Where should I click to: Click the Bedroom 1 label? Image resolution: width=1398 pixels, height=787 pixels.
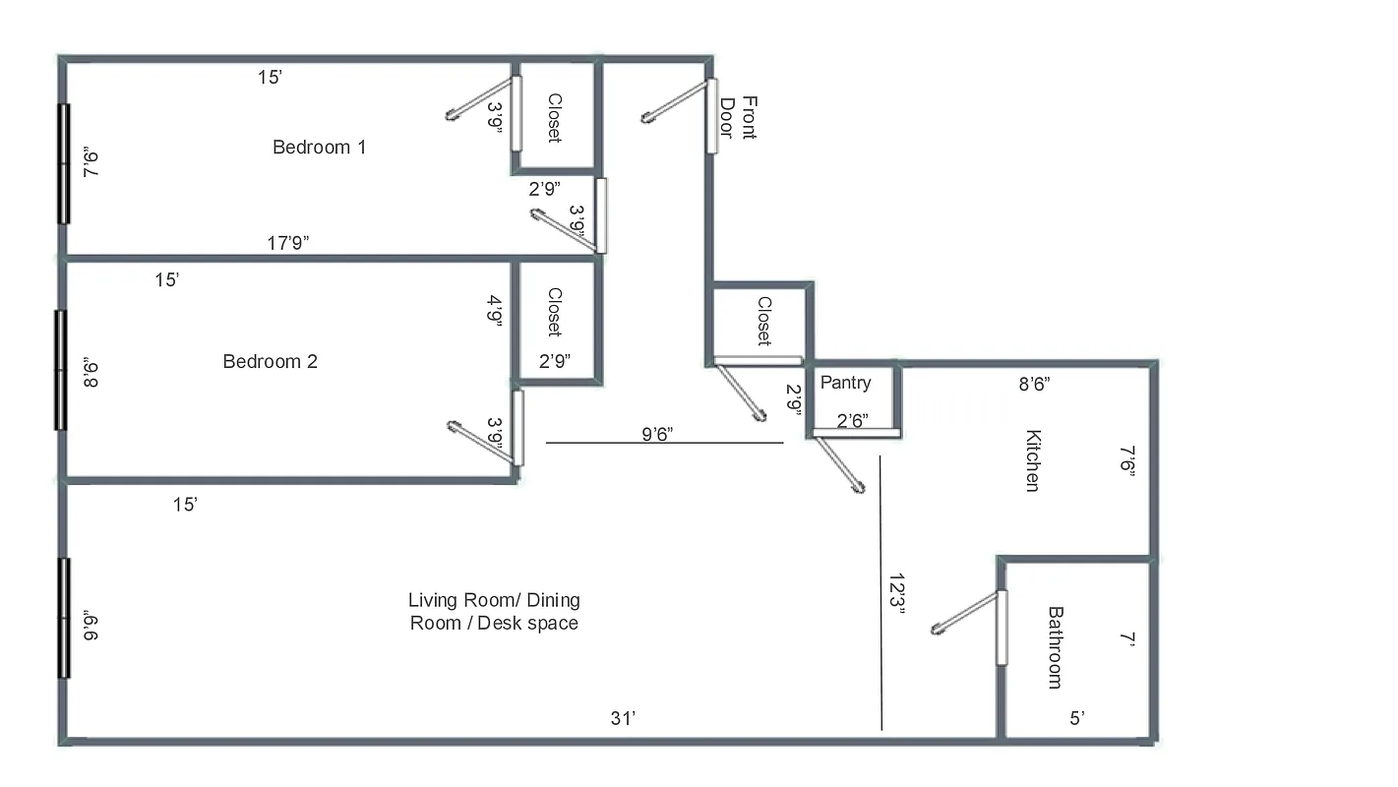[319, 148]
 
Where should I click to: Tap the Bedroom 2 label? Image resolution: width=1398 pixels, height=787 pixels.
[270, 361]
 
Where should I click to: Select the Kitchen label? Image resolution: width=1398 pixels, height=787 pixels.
[1032, 460]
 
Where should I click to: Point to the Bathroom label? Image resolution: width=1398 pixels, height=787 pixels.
[1055, 646]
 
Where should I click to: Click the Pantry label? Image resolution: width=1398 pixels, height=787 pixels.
[845, 383]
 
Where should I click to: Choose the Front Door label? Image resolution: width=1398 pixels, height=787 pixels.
[738, 118]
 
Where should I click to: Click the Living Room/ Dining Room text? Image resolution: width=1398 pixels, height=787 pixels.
[494, 611]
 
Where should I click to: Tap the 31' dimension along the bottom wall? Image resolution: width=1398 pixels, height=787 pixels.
[623, 719]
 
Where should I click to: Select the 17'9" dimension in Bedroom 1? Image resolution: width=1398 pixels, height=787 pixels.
[288, 243]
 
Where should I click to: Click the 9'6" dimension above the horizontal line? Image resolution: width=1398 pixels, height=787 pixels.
[656, 432]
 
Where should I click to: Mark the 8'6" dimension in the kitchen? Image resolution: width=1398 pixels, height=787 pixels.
[1033, 385]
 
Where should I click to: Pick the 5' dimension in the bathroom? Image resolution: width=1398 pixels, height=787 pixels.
[1076, 719]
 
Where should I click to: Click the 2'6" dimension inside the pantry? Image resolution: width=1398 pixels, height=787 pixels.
[852, 421]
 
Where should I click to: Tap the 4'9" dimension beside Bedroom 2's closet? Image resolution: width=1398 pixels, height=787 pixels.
[496, 312]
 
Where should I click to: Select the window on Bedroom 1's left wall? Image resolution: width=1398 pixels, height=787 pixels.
[64, 163]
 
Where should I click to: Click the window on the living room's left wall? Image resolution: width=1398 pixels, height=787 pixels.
[64, 618]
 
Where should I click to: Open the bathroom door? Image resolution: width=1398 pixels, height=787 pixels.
[1001, 627]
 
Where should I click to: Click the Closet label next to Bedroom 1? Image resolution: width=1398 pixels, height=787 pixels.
[554, 118]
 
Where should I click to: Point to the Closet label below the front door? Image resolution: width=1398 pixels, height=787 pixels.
[763, 322]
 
